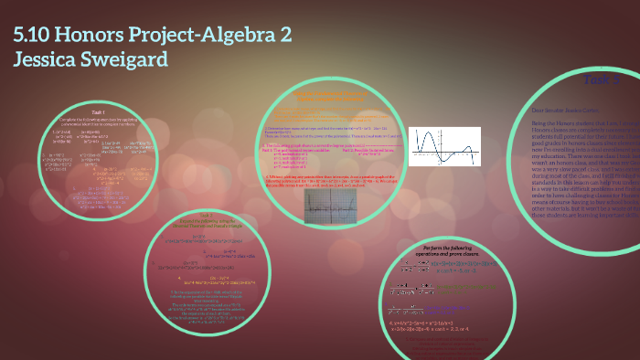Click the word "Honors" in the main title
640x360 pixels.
[100, 37]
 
